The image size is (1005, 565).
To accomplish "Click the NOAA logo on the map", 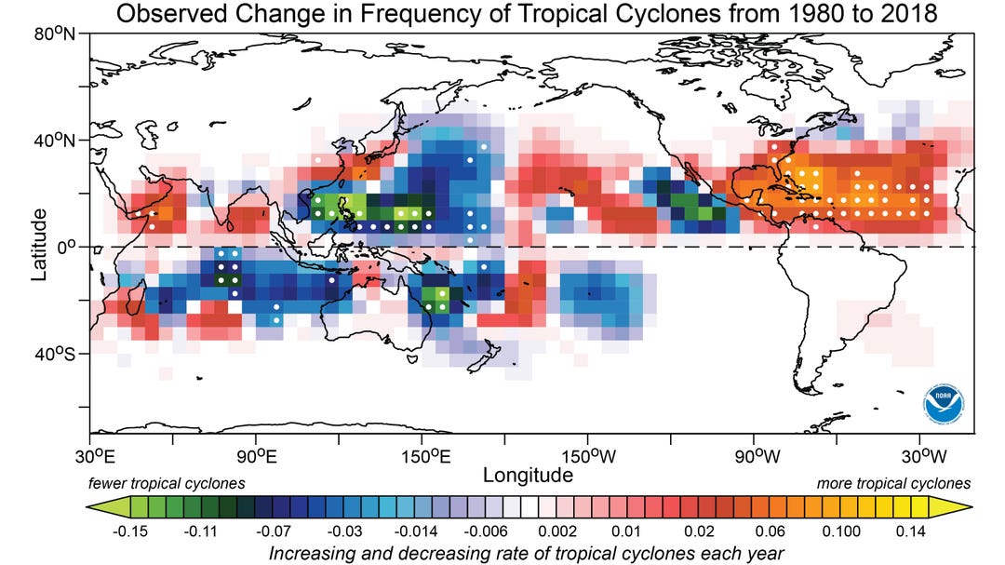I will (943, 402).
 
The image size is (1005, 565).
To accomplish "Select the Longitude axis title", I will (528, 476).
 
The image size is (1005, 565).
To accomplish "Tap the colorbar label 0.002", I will (568, 532).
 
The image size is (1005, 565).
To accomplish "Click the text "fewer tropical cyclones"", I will (167, 484).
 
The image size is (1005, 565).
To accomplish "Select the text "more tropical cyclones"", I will (893, 484).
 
